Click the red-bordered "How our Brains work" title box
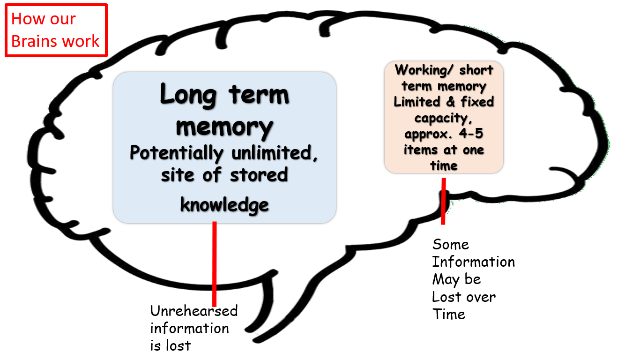tap(56, 30)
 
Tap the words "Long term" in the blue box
tap(224, 94)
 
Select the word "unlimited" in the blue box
tap(275, 153)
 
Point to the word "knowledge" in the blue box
tap(224, 205)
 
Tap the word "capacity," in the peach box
tap(444, 118)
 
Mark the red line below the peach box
tap(443, 202)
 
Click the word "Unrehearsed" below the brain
tap(193, 311)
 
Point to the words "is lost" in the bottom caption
tap(171, 345)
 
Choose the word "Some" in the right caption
tap(450, 244)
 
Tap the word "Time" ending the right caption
tap(449, 314)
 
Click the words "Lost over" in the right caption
tap(463, 297)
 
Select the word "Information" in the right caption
tap(473, 262)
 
